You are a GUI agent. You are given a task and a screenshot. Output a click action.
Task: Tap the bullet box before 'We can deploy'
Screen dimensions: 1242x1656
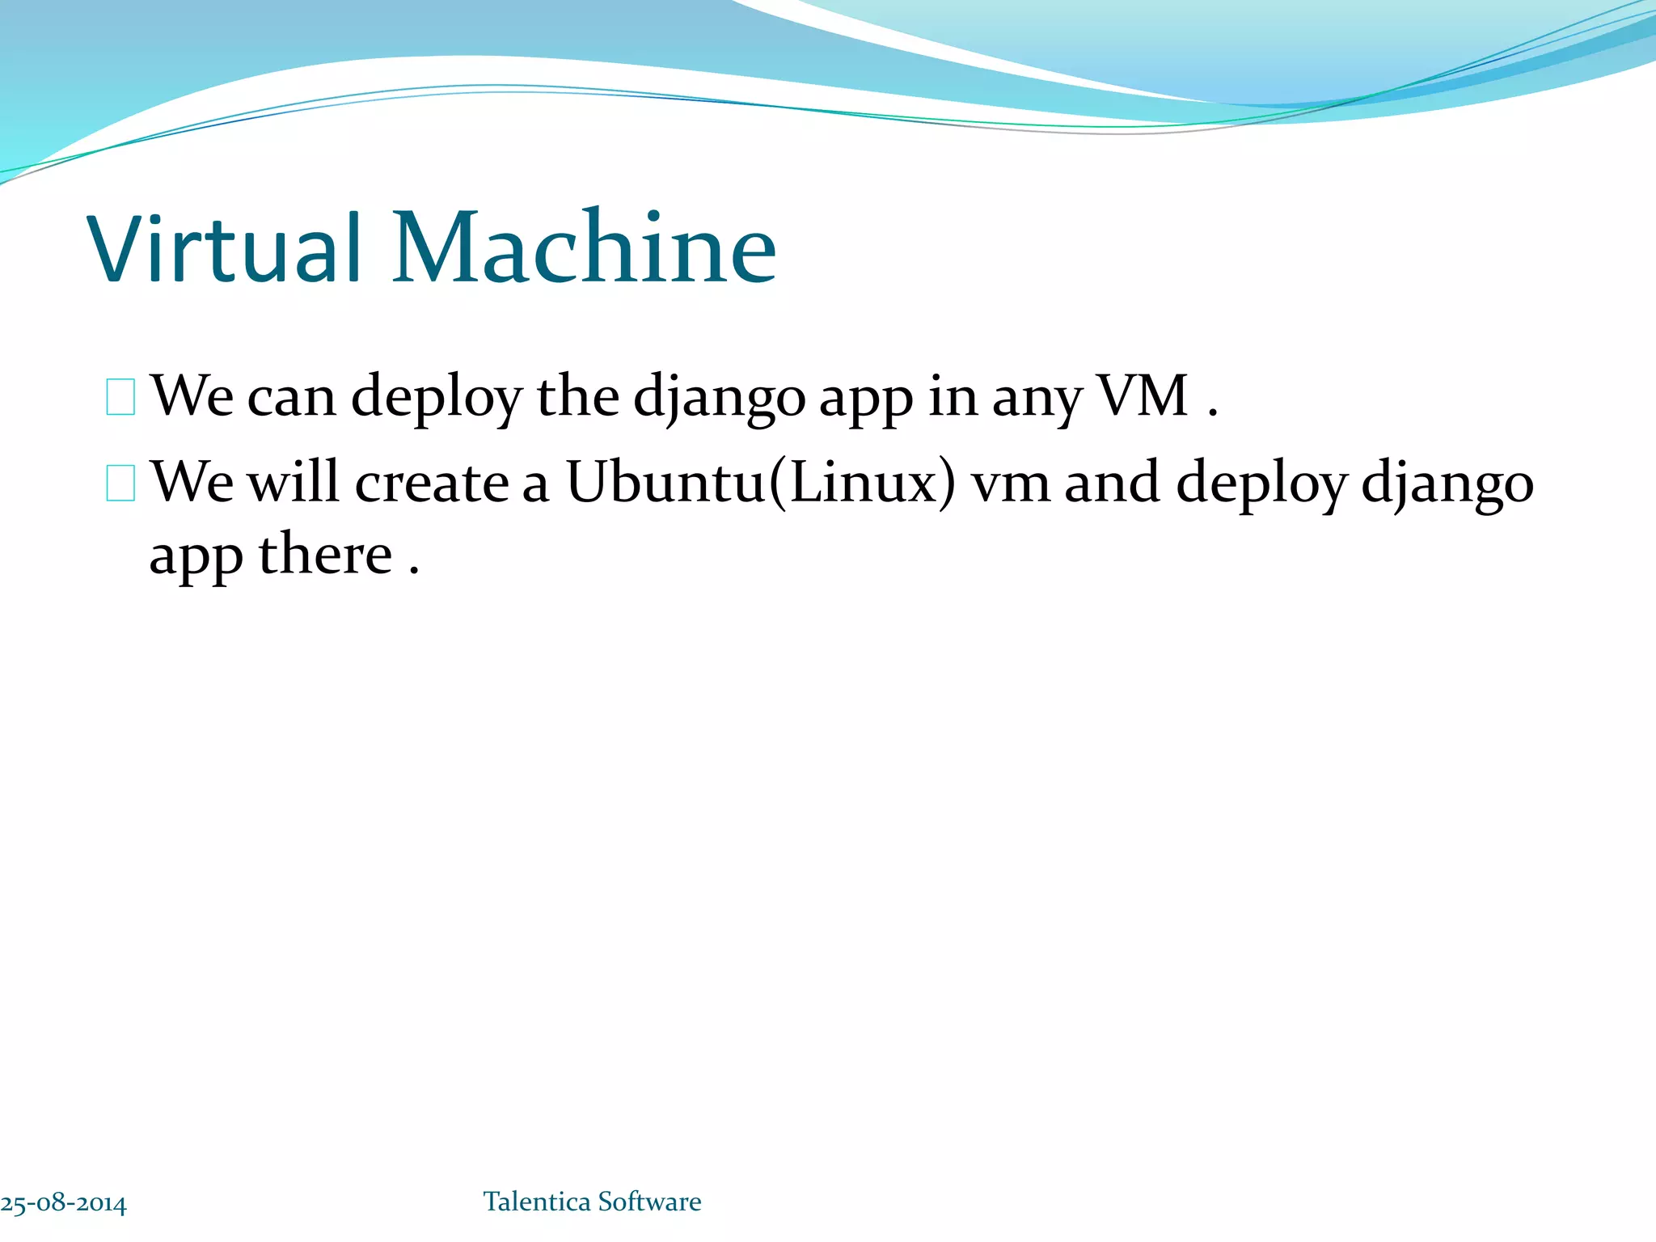[x=120, y=397]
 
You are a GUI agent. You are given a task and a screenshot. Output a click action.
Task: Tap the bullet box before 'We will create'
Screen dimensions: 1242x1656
[x=120, y=484]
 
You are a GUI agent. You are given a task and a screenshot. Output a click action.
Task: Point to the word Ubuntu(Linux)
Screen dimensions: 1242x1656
[x=760, y=483]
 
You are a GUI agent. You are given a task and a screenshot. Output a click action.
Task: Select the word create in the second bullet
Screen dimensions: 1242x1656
[x=432, y=484]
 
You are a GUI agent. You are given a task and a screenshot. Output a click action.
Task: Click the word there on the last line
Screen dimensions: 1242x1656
[x=325, y=556]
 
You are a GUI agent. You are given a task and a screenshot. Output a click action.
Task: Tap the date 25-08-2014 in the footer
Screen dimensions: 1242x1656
[x=63, y=1203]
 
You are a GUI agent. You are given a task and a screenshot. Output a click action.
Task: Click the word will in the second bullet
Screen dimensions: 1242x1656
[x=293, y=483]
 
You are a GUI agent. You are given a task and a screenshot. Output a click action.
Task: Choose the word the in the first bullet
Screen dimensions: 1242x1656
[x=578, y=396]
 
